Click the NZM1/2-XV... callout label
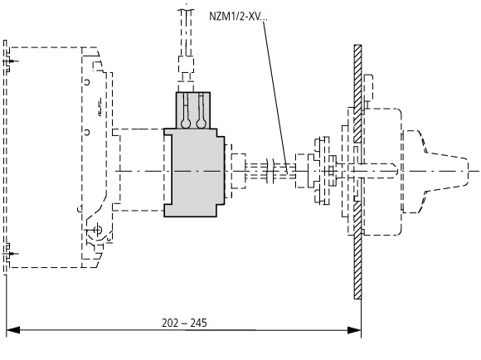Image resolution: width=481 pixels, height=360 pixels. click(x=238, y=16)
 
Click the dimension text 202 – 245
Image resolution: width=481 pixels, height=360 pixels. click(x=184, y=323)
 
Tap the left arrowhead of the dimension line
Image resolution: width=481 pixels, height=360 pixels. click(x=13, y=330)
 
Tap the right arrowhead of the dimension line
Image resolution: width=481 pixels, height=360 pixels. click(x=354, y=330)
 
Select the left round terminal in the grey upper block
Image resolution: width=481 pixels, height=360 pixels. click(x=186, y=124)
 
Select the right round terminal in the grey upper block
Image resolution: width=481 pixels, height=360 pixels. click(x=202, y=124)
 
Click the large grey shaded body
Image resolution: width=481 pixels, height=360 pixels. click(x=194, y=173)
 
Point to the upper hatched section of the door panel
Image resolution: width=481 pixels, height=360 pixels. click(x=357, y=94)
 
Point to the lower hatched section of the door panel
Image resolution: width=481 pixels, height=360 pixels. click(x=357, y=250)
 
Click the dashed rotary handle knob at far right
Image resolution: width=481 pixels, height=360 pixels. click(x=435, y=171)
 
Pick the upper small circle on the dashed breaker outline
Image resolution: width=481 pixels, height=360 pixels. click(x=87, y=82)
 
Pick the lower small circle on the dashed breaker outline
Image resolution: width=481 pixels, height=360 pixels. click(x=87, y=132)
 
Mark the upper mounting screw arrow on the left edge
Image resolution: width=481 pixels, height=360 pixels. click(x=11, y=61)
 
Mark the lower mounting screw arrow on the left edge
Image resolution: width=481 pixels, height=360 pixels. click(x=11, y=254)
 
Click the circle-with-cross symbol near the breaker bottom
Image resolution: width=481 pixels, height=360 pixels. click(x=98, y=230)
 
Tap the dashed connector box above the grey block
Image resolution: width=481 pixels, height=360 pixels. click(x=186, y=65)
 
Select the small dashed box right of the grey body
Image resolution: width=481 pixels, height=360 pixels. click(x=238, y=171)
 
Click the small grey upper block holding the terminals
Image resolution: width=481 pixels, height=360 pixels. click(x=193, y=110)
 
